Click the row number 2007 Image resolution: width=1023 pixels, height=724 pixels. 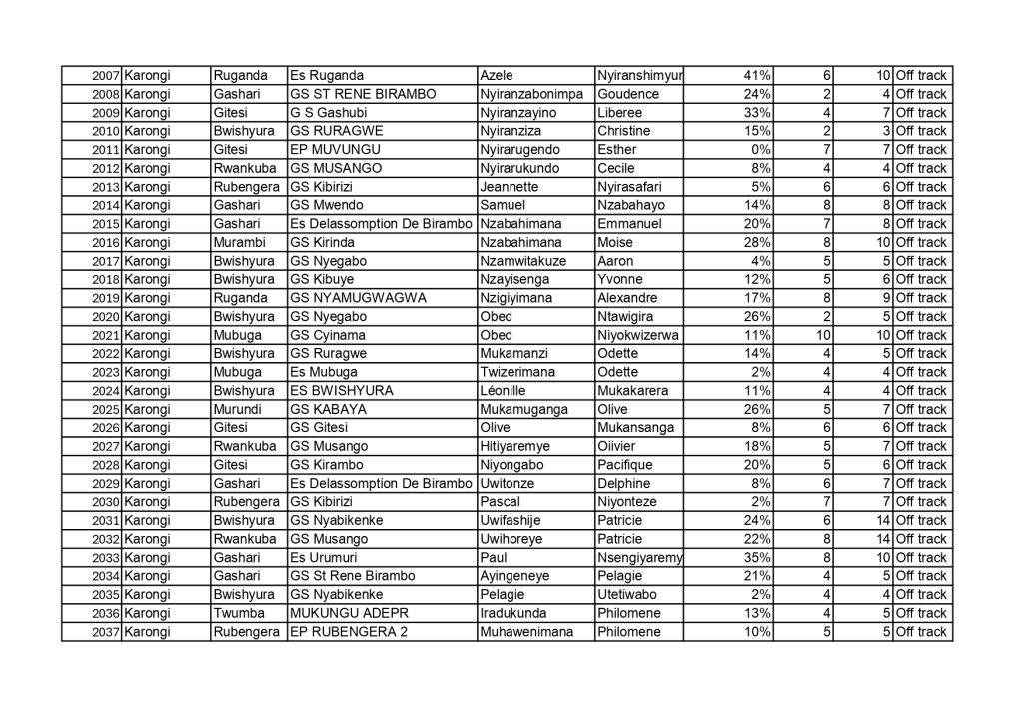(x=105, y=76)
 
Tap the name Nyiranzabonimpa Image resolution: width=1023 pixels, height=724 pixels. (x=528, y=94)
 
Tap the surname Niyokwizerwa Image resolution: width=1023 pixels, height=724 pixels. (x=637, y=335)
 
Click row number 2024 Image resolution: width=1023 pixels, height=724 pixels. (x=105, y=391)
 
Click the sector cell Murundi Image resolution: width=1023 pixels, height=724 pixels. (x=236, y=409)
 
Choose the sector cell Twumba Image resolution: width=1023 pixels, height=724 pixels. (x=236, y=613)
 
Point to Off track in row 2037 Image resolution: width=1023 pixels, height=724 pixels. (x=920, y=632)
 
